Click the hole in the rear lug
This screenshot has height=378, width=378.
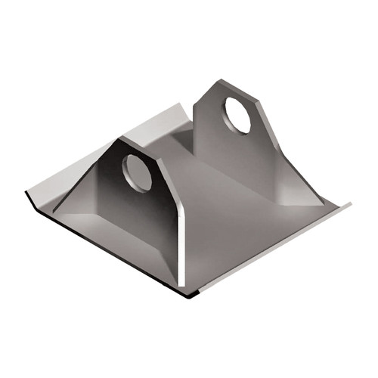[x=236, y=115]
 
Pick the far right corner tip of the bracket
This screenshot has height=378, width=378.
[x=349, y=203]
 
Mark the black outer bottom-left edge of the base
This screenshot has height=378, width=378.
[x=98, y=249]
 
